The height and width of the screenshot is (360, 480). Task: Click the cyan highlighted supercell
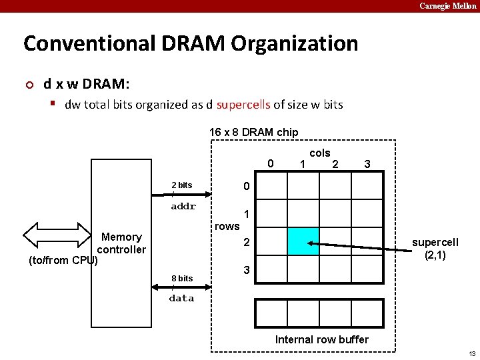[x=303, y=241]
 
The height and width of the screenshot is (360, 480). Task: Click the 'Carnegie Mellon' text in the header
[x=447, y=6]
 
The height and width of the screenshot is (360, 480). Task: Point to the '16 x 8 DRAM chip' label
[x=253, y=132]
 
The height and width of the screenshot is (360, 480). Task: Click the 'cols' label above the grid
[x=320, y=153]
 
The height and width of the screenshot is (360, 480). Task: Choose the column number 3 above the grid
[x=367, y=164]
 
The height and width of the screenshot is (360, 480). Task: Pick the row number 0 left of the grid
[x=246, y=185]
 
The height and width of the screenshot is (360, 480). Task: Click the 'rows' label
[x=227, y=226]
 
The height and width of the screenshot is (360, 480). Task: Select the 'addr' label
[x=183, y=207]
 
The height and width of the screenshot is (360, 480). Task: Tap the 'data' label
[x=181, y=298]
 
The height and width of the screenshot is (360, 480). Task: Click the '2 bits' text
[x=181, y=185]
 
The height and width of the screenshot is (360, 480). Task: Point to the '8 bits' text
[x=181, y=278]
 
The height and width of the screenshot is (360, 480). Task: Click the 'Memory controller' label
[x=121, y=243]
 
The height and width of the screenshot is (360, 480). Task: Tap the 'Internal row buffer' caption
[x=321, y=339]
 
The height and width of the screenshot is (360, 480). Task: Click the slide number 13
[x=472, y=353]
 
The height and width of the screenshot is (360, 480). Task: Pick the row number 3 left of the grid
[x=246, y=271]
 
